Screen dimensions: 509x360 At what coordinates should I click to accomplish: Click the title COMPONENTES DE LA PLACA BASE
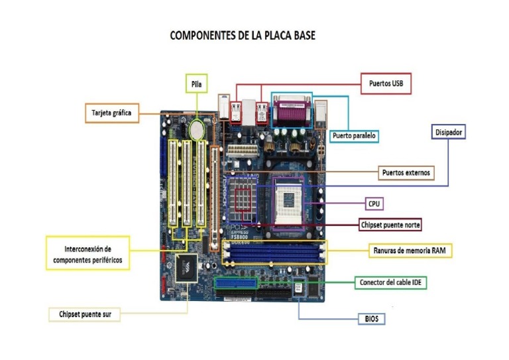243,35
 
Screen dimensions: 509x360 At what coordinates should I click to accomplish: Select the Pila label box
196,84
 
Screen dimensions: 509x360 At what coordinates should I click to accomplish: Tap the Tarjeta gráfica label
112,113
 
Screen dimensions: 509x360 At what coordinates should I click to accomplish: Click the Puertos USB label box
386,84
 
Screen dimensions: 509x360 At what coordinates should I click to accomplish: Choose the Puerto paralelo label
354,136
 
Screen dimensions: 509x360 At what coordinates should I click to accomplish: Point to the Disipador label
448,132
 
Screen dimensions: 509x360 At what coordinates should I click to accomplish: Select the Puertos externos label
406,172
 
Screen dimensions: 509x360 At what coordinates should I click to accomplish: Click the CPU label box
374,204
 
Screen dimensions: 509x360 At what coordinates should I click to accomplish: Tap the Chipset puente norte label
390,225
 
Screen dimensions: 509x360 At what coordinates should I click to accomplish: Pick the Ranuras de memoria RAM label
410,251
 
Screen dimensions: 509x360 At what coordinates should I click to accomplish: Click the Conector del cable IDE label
390,282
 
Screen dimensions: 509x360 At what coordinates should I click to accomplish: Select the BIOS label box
371,319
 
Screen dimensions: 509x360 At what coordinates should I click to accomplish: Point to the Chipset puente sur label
85,314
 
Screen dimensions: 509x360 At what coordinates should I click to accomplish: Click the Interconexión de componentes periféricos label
87,253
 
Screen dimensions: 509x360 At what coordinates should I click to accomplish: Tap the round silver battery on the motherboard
197,129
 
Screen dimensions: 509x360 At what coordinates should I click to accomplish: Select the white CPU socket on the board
288,202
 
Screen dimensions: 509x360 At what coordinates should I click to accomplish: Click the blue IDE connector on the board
236,283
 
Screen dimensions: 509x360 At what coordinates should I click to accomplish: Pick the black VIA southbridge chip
186,268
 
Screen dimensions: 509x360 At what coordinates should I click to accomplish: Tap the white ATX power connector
243,151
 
